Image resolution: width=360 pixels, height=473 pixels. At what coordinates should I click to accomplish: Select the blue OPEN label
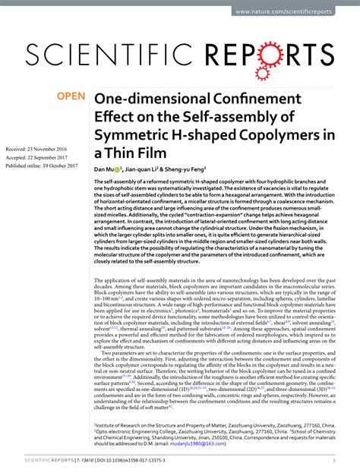tap(70, 97)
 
